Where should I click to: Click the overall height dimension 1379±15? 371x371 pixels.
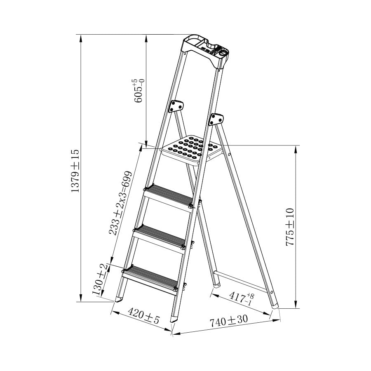point(75,170)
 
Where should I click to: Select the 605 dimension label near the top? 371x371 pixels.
point(139,91)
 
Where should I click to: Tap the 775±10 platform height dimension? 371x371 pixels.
point(290,227)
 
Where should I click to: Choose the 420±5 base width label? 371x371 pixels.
point(143,315)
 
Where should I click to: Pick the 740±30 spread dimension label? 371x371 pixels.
point(228,321)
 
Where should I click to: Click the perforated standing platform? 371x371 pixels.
point(192,150)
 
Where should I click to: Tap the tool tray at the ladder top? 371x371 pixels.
point(205,51)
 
